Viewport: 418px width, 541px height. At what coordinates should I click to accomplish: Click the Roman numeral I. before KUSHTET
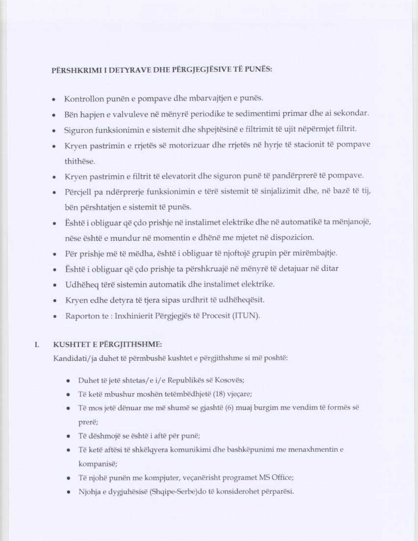(x=37, y=345)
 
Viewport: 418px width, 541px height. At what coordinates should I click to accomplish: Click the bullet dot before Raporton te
(x=54, y=317)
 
